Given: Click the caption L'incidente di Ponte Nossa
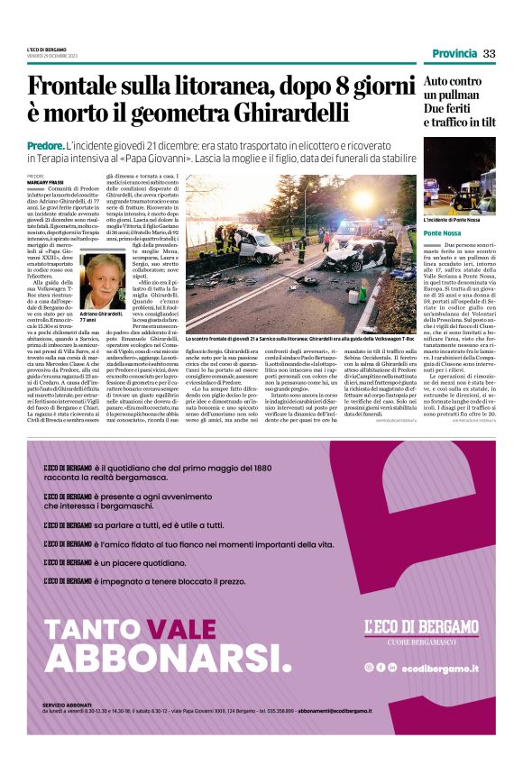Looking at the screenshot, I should tap(453, 220).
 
